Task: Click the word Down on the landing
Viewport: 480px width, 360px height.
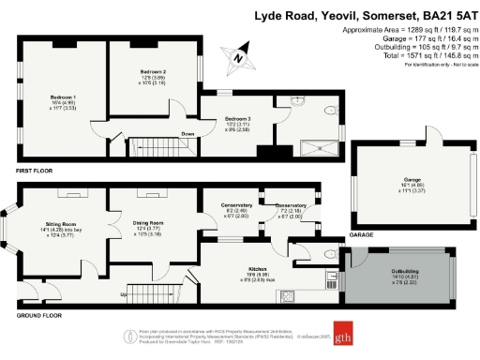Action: (x=187, y=134)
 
